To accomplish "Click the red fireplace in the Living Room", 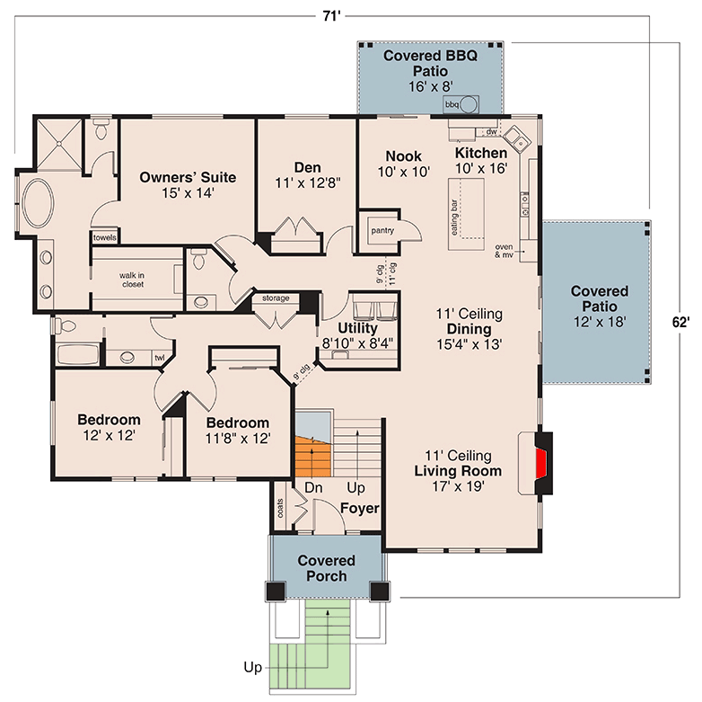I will coord(541,465).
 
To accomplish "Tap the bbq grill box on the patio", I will coord(452,105).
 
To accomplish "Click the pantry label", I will coord(382,231).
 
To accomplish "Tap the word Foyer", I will coord(359,509).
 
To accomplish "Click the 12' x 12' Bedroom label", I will coord(109,428).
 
